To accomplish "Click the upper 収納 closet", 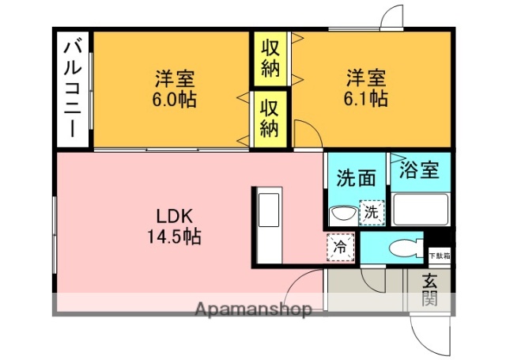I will [x=270, y=59].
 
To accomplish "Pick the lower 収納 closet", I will [x=270, y=117].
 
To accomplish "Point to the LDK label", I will [x=175, y=216].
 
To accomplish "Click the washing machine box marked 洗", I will [x=371, y=212].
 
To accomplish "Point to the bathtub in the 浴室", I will [x=421, y=210].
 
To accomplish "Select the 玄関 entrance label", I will [x=429, y=290].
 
